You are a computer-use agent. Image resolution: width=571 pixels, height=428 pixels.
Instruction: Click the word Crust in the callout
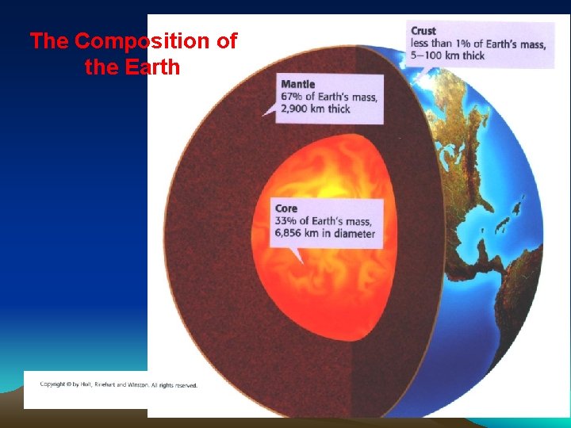pyautogui.click(x=423, y=31)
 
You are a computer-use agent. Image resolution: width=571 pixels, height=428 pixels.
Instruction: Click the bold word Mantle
pyautogui.click(x=297, y=84)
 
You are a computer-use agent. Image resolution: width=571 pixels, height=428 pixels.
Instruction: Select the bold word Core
pyautogui.click(x=286, y=208)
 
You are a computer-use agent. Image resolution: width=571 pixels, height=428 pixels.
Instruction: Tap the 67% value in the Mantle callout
pyautogui.click(x=293, y=97)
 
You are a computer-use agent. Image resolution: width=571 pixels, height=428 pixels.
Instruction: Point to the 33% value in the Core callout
pyautogui.click(x=286, y=221)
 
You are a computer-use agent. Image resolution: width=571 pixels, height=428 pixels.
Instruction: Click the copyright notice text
pyautogui.click(x=119, y=385)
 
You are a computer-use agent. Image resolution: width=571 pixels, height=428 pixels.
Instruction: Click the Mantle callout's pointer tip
pyautogui.click(x=263, y=116)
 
